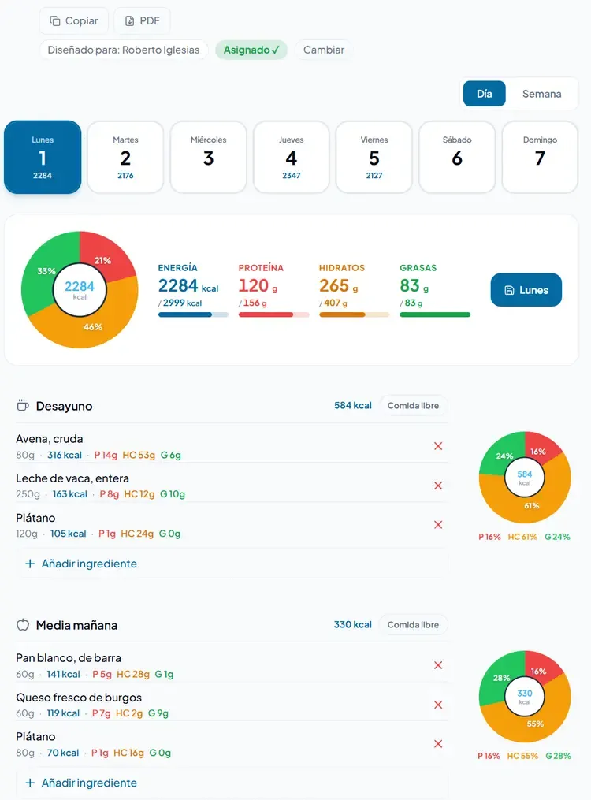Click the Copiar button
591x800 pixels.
coord(73,21)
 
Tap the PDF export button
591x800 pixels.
coord(142,21)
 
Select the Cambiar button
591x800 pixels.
coord(323,50)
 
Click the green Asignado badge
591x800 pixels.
coord(251,50)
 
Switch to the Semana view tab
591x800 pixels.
coord(541,94)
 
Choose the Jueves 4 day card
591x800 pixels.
coord(291,157)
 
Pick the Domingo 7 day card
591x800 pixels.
coord(540,157)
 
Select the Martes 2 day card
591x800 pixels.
coord(125,157)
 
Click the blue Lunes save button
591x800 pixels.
coord(526,290)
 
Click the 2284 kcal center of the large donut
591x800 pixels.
coord(80,289)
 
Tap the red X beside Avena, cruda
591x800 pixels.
coord(438,446)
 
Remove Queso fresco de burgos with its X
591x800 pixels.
coord(438,705)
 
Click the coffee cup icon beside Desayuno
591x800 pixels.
coord(22,406)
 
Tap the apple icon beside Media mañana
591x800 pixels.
coord(23,625)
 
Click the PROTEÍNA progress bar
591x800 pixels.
coord(273,314)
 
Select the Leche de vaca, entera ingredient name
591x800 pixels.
coord(72,478)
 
